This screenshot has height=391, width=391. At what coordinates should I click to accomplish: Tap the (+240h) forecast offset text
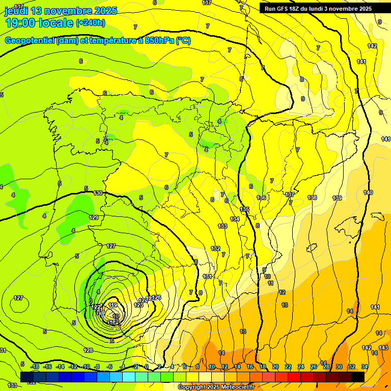(91, 23)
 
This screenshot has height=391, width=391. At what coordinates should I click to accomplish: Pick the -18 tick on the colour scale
(35, 367)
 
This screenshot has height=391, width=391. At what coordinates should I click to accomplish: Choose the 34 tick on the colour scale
(365, 367)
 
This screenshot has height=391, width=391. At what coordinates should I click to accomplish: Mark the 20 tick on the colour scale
(275, 367)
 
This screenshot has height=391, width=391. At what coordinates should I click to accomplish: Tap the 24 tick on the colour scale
(301, 367)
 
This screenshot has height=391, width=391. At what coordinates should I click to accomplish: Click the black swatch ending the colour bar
(358, 377)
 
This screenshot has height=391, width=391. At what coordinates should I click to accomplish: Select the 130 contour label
(98, 193)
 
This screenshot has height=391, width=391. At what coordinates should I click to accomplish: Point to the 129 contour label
(94, 217)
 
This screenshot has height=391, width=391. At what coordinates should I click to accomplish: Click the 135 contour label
(244, 210)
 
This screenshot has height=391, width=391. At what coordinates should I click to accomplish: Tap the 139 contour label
(337, 198)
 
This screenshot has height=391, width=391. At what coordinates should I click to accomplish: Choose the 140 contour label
(368, 192)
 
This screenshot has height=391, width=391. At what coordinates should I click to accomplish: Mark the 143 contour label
(383, 348)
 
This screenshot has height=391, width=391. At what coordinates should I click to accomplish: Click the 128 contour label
(88, 350)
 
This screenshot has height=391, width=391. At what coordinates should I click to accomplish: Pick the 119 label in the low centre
(113, 305)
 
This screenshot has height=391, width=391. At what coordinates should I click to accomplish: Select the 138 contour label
(312, 198)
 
